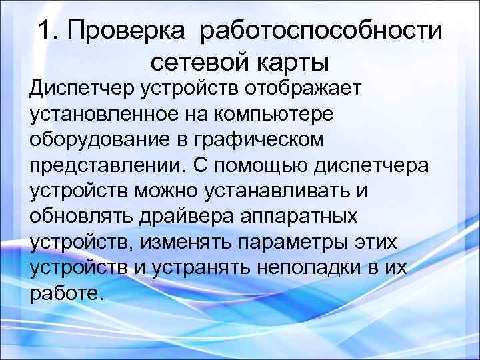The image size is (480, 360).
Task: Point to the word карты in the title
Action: (x=295, y=65)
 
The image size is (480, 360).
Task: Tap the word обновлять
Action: (x=79, y=217)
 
